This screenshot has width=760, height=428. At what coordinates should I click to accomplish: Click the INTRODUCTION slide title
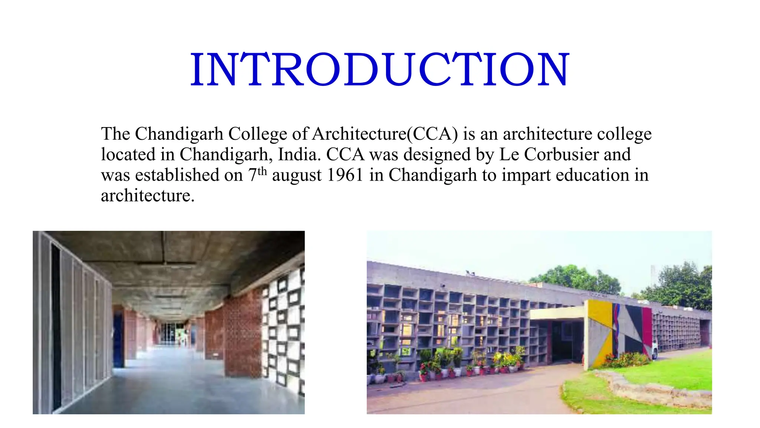[x=380, y=70]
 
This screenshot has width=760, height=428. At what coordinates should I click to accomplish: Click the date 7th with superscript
[x=257, y=174]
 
